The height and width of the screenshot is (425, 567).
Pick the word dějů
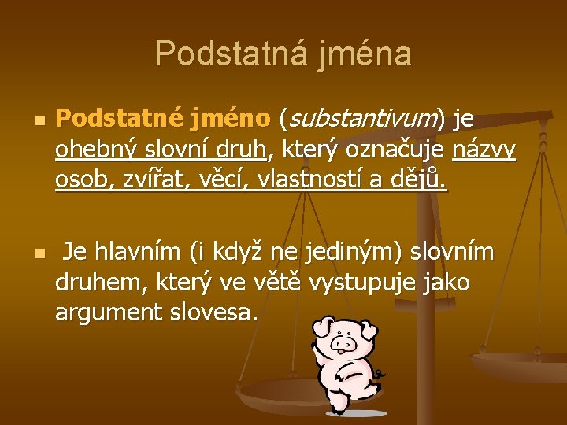(x=418, y=182)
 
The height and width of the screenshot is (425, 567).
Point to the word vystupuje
(x=359, y=283)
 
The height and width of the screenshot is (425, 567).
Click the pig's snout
(x=341, y=343)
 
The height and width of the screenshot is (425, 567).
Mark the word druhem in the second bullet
(x=94, y=283)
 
